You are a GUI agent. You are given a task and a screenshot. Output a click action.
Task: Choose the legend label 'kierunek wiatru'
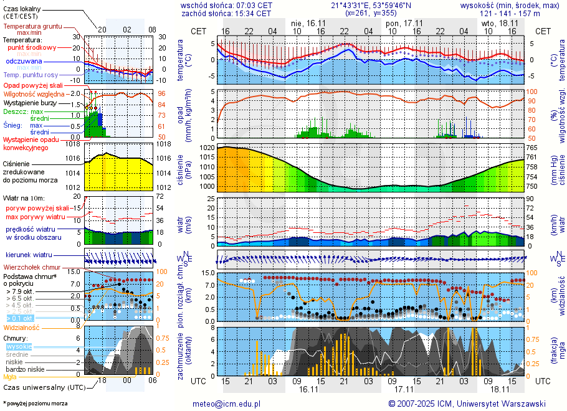pyautogui.click(x=29, y=255)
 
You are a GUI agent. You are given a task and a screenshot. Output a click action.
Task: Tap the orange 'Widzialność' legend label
pyautogui.click(x=22, y=326)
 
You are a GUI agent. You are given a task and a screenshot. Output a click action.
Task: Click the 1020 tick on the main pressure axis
pyautogui.click(x=207, y=148)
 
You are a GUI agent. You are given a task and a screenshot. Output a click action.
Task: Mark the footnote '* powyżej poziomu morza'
pyautogui.click(x=36, y=404)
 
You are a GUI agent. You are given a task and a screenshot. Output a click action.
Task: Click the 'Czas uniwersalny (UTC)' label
pyautogui.click(x=42, y=387)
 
